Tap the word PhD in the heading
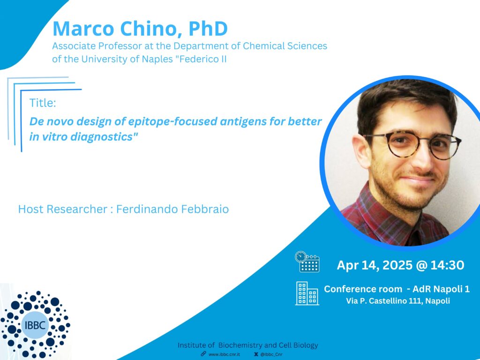pos(208,29)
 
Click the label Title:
pos(43,103)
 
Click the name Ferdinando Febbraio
pos(172,209)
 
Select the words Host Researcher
pos(63,209)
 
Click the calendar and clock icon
pos(307,262)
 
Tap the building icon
pos(307,293)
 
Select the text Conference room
pos(363,289)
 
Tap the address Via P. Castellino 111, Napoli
pos(398,301)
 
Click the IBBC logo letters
pos(35,325)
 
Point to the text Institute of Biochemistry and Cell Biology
pos(247,345)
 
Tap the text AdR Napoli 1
pos(441,289)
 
